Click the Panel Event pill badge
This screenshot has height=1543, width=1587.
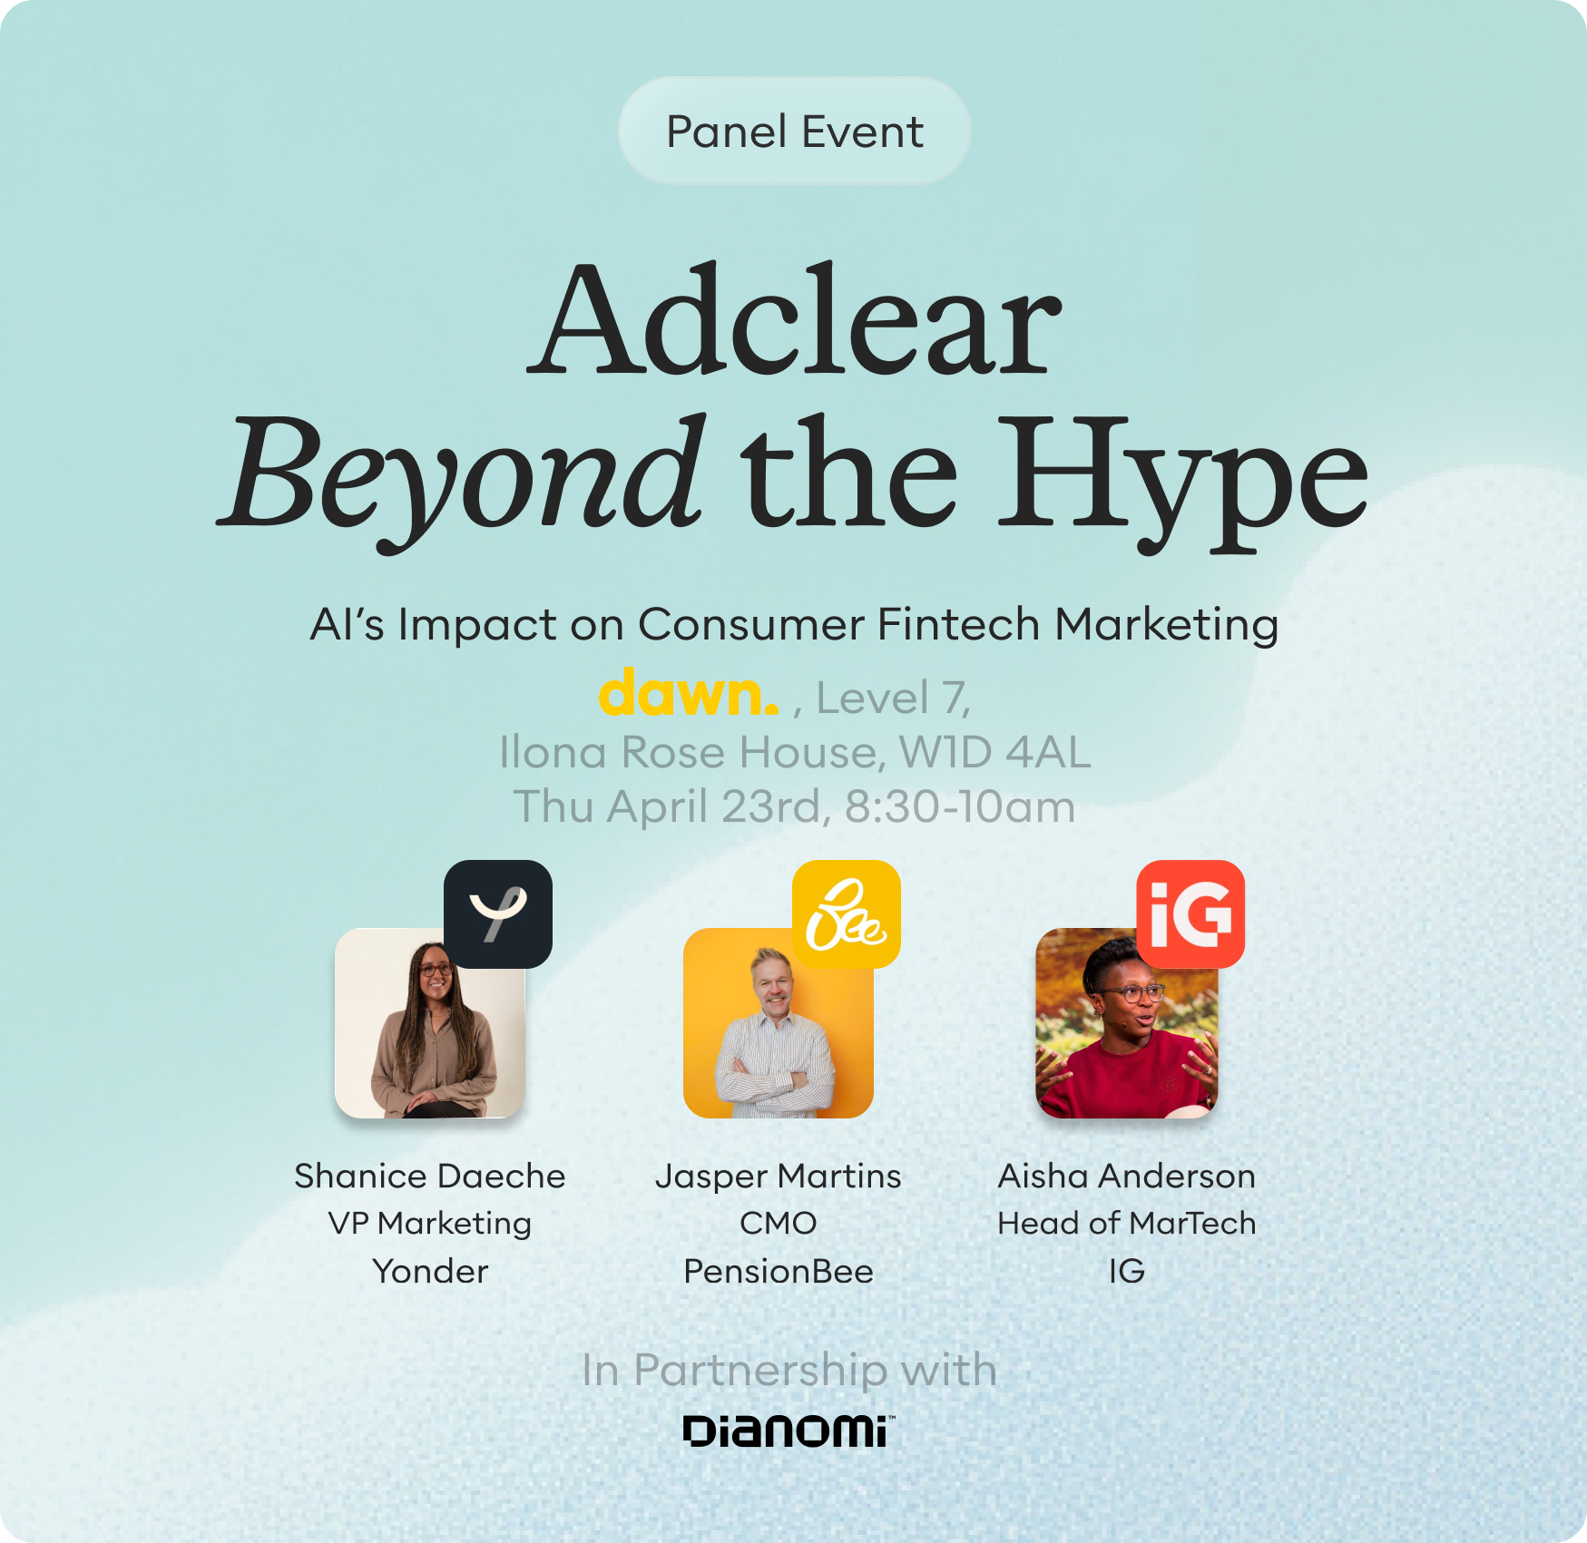(794, 132)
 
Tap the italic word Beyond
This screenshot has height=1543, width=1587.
(461, 476)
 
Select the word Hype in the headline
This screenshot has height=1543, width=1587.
(1182, 481)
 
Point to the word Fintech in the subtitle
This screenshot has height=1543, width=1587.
(958, 624)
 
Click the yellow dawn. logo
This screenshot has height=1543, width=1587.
(689, 693)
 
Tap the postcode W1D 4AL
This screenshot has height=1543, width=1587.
(994, 752)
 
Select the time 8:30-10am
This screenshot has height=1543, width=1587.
(960, 806)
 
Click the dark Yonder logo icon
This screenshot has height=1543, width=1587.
(498, 913)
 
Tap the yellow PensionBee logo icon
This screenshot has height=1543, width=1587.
(847, 913)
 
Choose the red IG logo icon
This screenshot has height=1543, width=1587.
(1190, 913)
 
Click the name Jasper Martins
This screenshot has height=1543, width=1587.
(779, 1177)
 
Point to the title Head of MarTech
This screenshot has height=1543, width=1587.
(1127, 1224)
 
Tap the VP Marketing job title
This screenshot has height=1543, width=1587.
(430, 1224)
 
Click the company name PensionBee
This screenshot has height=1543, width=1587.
(779, 1272)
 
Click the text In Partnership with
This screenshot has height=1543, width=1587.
(789, 1370)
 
